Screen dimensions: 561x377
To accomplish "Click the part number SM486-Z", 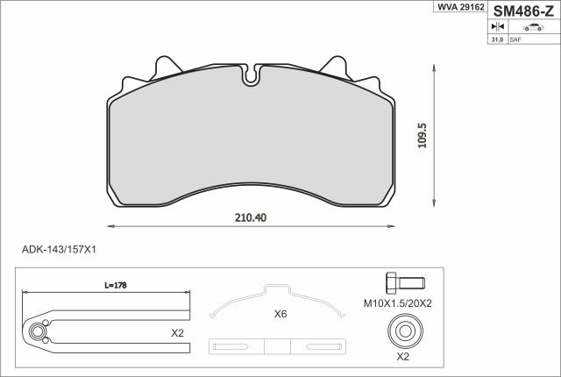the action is (x=523, y=11).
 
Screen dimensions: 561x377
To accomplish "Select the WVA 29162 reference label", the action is (x=460, y=7).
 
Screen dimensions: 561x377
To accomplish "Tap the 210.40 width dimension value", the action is (x=251, y=217).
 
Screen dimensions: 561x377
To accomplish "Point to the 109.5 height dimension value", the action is (x=423, y=136).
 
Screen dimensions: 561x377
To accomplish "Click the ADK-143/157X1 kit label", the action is (x=59, y=249).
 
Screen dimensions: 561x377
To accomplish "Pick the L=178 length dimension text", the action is (x=116, y=285).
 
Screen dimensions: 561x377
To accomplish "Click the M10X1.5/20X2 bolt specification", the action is (x=398, y=303).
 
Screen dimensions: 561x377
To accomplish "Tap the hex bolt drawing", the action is (x=406, y=282).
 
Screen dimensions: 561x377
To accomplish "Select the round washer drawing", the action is (x=406, y=331).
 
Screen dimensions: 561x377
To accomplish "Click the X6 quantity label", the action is (x=280, y=314).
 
